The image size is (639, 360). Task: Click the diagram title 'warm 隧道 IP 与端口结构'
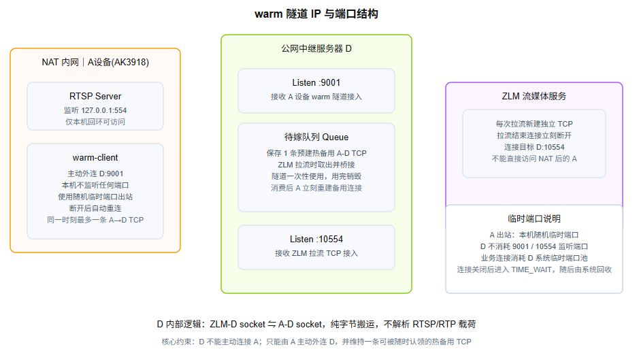[x=316, y=14]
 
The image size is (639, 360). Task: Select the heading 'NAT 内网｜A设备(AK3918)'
[x=95, y=62]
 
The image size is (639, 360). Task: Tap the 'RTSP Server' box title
[x=95, y=96]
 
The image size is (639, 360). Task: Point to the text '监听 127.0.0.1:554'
[x=95, y=110]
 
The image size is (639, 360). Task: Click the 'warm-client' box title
[x=95, y=158]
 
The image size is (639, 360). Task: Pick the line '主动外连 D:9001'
[x=95, y=174]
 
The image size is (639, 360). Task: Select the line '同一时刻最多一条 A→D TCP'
[x=95, y=220]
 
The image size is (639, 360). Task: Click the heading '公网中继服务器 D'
[x=316, y=48]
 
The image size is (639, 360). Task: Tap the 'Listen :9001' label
[x=316, y=83]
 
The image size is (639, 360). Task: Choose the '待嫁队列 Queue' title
[x=316, y=137]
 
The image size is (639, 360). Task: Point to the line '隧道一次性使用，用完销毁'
[x=316, y=176]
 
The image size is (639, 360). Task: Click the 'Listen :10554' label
[x=316, y=240]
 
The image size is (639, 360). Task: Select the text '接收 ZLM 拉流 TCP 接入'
[x=316, y=253]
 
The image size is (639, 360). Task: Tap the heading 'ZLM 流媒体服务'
[x=534, y=96]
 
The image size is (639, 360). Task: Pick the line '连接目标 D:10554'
[x=534, y=147]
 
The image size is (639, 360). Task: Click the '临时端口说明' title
[x=534, y=218]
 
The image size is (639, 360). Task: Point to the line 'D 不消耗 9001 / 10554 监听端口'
[x=534, y=246]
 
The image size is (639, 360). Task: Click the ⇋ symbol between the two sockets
[x=272, y=325]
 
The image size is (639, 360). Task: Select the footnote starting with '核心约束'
[x=316, y=342]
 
